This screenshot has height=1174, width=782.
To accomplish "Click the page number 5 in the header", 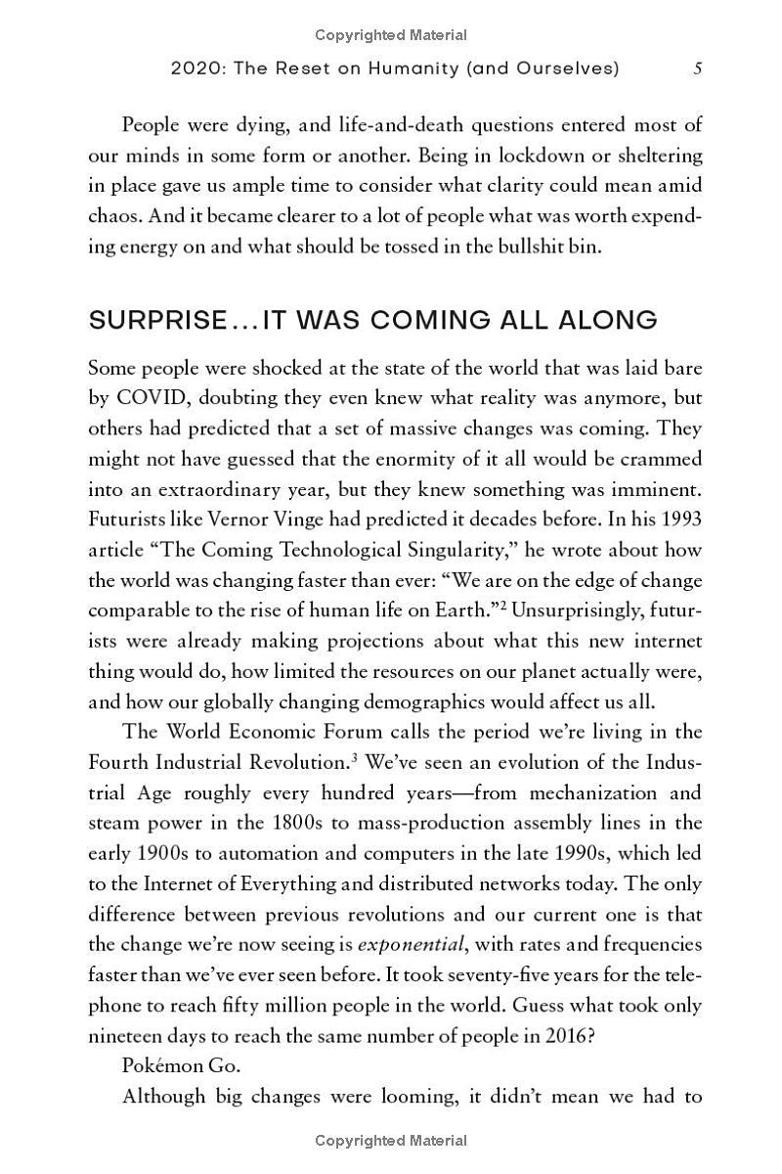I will (x=697, y=68).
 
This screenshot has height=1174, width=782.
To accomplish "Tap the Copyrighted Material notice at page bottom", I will (x=391, y=1140).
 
